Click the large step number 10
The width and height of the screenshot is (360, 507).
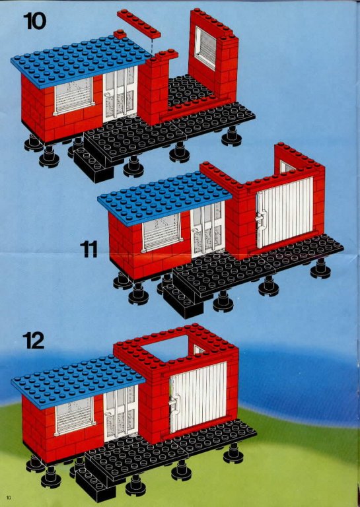[34, 21]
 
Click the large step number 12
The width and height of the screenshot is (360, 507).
[33, 341]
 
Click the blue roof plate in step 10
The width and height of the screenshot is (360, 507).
[81, 61]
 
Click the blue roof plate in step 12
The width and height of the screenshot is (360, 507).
[78, 382]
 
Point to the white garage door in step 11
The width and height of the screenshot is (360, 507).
[285, 211]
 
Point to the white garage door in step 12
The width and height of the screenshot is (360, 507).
[198, 397]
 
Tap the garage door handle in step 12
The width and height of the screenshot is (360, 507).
[174, 403]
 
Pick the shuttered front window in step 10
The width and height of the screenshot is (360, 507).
[74, 95]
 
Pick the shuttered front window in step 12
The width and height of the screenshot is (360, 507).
[75, 415]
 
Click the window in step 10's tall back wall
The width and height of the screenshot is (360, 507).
[205, 48]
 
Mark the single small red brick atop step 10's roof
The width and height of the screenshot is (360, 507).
[120, 34]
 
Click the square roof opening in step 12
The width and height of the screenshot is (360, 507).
[166, 349]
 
